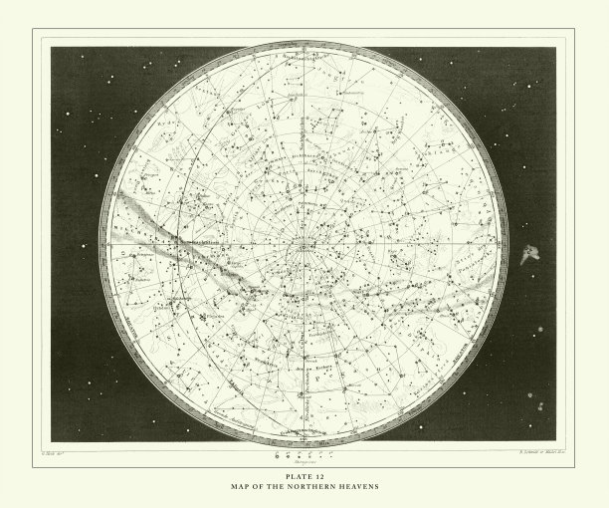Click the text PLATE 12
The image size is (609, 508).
click(x=304, y=477)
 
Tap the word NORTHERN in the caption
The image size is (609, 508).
click(x=309, y=487)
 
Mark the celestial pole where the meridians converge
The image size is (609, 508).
click(x=304, y=243)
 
